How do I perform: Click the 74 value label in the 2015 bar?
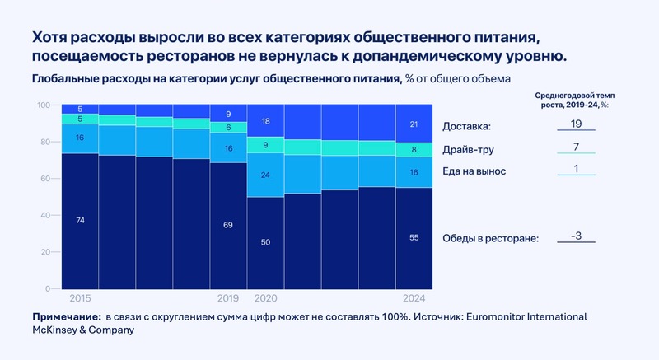[80, 221]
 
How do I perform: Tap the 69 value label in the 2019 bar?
[228, 224]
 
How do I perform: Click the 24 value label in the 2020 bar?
[265, 175]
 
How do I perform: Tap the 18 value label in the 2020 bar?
[265, 121]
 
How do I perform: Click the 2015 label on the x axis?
[80, 297]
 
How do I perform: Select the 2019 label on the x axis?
[228, 297]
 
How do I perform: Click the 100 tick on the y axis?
[45, 105]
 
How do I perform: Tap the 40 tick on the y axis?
[47, 215]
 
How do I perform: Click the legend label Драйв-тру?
[469, 149]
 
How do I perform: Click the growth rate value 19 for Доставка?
[577, 124]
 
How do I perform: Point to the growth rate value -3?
[577, 236]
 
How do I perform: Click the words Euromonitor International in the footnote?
[518, 317]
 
